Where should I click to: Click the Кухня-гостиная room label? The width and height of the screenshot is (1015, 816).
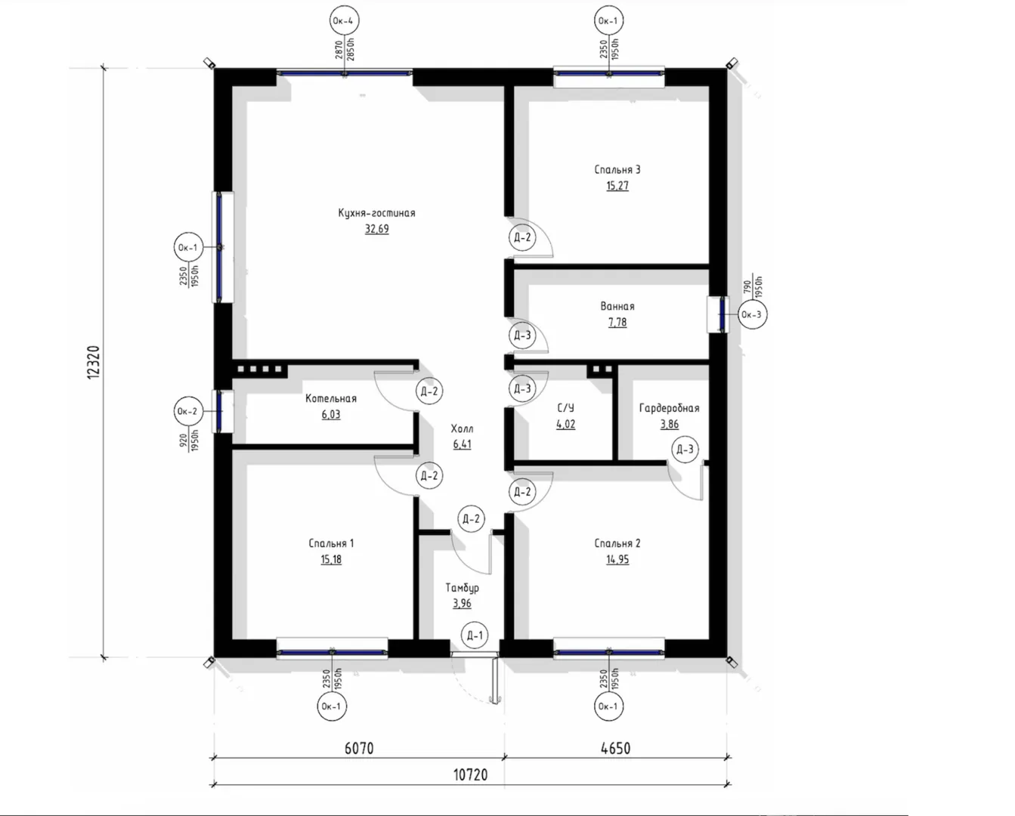[x=376, y=213]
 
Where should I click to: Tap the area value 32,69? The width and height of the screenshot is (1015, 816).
[x=376, y=229]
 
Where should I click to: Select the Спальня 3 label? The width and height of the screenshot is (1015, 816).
[x=617, y=170]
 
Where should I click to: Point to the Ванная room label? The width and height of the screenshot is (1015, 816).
[x=617, y=307]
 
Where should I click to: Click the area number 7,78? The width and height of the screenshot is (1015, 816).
[x=617, y=323]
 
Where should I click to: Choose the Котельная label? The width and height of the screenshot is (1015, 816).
[x=330, y=399]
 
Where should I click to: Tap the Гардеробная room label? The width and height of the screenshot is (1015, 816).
[x=669, y=409]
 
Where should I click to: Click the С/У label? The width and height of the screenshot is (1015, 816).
[x=565, y=408]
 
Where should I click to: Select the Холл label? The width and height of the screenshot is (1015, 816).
[x=462, y=428]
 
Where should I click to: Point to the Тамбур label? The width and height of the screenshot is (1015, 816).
[x=462, y=588]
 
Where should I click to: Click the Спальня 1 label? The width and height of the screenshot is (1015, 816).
[x=330, y=543]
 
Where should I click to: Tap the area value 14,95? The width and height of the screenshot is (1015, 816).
[x=617, y=559]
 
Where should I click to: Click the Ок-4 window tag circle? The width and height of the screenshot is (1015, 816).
[x=344, y=20]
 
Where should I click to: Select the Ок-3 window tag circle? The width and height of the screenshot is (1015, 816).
[x=751, y=314]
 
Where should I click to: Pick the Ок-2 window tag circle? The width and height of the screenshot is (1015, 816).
[x=187, y=411]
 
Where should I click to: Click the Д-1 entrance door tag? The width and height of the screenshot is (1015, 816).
[x=475, y=636]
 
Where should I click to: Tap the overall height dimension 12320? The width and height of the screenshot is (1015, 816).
[x=94, y=362]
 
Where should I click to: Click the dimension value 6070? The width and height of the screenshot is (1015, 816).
[x=359, y=749]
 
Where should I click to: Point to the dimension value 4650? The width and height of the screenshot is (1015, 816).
[x=615, y=749]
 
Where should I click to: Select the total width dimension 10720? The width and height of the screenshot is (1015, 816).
[x=470, y=775]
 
